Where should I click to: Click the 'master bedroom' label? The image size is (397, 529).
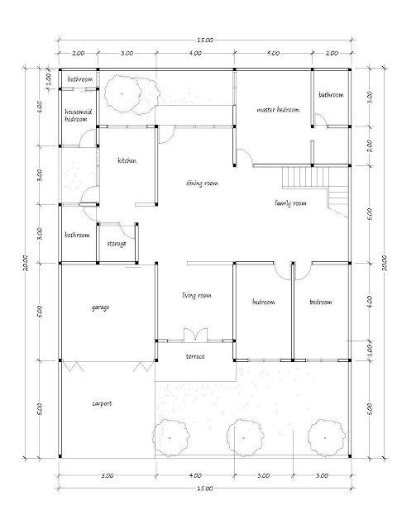click(278, 110)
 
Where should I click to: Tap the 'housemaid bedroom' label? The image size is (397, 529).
click(79, 116)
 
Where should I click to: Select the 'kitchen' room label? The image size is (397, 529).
click(127, 160)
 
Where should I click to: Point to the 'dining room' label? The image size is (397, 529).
click(202, 183)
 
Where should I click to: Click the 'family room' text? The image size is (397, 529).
click(290, 203)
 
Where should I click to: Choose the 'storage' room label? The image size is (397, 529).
click(117, 243)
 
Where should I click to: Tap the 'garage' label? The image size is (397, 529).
click(100, 307)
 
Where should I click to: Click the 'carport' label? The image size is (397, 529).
click(102, 403)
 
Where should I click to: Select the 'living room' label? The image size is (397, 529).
click(197, 296)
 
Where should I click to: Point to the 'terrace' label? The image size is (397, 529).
click(195, 356)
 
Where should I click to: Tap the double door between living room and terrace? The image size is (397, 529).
click(196, 334)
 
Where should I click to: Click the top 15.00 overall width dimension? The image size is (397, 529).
click(205, 41)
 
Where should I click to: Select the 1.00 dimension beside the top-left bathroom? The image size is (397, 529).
click(48, 79)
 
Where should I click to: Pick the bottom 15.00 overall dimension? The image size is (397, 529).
click(205, 488)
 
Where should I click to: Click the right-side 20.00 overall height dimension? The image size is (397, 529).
click(384, 263)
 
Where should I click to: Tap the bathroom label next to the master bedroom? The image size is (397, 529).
click(331, 95)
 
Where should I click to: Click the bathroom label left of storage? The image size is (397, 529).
click(77, 235)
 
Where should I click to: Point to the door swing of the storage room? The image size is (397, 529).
click(129, 231)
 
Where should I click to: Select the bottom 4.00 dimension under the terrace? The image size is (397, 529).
click(195, 475)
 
